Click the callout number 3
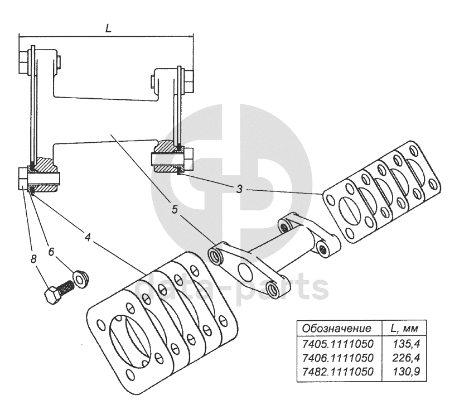239,189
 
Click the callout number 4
87,236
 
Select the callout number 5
175,210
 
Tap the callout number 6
51,252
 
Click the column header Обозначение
336,328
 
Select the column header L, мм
404,328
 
